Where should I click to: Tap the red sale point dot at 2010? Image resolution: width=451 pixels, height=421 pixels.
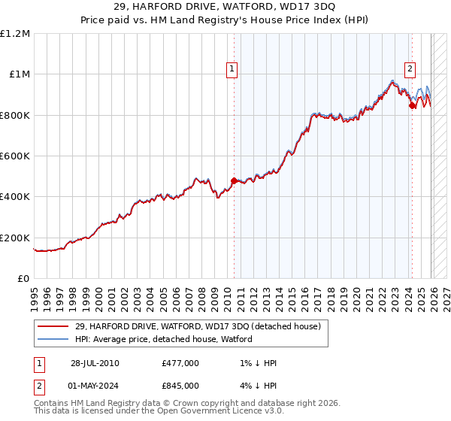click(x=234, y=180)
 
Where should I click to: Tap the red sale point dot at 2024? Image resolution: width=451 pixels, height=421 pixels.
click(x=412, y=106)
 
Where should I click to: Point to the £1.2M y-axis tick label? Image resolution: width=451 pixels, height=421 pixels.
click(x=15, y=33)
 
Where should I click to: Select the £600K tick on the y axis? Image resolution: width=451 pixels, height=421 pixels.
click(x=15, y=156)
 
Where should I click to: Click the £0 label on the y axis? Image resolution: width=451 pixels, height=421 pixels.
click(x=23, y=278)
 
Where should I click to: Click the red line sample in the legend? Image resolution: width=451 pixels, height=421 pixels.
click(x=54, y=326)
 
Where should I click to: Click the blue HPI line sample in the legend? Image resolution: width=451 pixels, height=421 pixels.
click(x=54, y=339)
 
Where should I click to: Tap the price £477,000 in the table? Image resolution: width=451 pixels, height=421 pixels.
click(x=180, y=363)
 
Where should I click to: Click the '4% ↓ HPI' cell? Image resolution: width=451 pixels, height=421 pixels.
click(x=255, y=385)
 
